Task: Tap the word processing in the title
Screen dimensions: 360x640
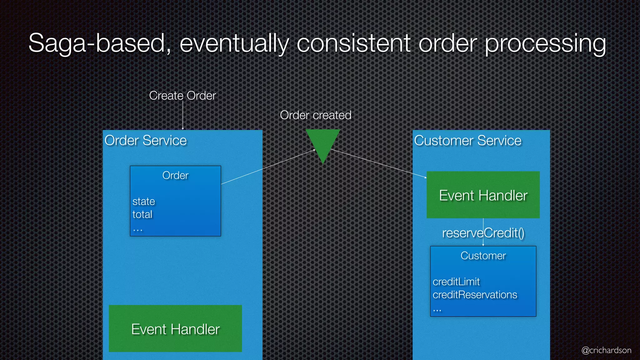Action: [545, 44]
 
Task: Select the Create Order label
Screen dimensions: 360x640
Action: [182, 96]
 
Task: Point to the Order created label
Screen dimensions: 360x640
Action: [316, 115]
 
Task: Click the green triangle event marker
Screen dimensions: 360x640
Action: [323, 142]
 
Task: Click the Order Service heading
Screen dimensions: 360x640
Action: [146, 141]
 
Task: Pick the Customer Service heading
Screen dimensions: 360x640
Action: [468, 141]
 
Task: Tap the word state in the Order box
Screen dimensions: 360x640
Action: [144, 202]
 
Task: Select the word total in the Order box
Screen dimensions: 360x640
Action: [142, 215]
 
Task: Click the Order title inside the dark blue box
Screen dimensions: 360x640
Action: [175, 176]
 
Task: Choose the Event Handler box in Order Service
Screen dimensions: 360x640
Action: [175, 329]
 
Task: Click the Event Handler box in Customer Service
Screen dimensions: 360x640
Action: [483, 195]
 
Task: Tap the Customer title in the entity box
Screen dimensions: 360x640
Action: [483, 256]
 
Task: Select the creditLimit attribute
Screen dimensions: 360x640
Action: [456, 282]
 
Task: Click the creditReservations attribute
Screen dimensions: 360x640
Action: [475, 295]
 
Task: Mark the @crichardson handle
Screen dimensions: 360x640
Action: [606, 350]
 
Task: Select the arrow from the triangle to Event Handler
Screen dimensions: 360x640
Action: [378, 163]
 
